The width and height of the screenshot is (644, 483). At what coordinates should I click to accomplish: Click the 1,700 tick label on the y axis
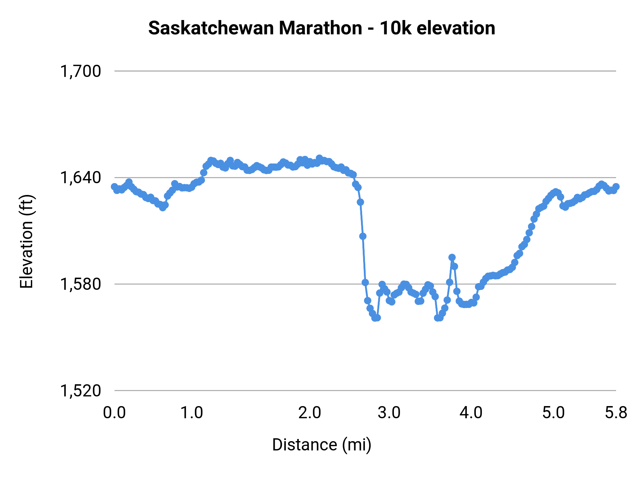pos(80,72)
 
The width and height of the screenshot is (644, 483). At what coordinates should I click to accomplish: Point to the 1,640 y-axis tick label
pos(80,178)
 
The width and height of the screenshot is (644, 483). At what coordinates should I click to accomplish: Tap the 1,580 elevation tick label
pos(80,284)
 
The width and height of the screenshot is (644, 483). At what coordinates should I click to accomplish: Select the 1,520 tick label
pos(80,391)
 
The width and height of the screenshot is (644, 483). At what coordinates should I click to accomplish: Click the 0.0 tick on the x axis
pos(114,413)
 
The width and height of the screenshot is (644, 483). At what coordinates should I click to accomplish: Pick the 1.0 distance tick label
pos(191,413)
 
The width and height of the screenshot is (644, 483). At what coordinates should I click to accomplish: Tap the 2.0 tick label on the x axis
pos(309,413)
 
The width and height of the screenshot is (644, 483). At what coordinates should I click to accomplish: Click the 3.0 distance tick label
pos(389,413)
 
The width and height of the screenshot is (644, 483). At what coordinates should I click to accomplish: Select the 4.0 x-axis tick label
pos(471,413)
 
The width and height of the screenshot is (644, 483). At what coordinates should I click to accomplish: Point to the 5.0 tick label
pos(553,413)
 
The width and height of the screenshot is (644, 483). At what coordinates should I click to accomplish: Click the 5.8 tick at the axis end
pos(616,413)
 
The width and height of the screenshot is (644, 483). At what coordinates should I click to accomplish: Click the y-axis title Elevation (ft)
pos(26,241)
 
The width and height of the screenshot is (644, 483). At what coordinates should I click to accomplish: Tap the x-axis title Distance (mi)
pos(322,445)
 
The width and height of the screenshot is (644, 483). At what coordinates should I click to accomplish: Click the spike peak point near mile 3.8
pos(452,258)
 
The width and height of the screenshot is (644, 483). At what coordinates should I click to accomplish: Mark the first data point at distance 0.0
pos(114,187)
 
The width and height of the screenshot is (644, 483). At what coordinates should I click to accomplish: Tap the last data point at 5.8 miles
pos(616,187)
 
